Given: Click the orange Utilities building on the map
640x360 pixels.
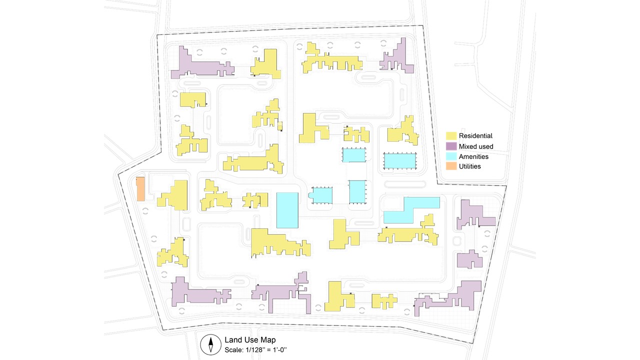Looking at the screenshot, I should pyautogui.click(x=140, y=188).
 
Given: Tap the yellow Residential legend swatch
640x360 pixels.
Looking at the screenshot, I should pyautogui.click(x=451, y=135).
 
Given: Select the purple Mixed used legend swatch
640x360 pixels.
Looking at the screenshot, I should pyautogui.click(x=451, y=146).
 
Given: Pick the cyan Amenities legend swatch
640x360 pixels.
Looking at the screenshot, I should pyautogui.click(x=451, y=156).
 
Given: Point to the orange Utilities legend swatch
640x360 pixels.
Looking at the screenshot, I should pyautogui.click(x=451, y=166).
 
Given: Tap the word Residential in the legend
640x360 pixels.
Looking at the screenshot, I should pyautogui.click(x=475, y=135).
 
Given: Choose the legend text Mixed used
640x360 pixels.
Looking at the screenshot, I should pyautogui.click(x=476, y=146).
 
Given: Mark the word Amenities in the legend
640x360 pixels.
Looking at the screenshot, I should pyautogui.click(x=473, y=156).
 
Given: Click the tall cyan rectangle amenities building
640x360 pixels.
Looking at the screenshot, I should pyautogui.click(x=287, y=210).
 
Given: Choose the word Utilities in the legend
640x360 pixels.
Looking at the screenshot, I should pyautogui.click(x=470, y=166).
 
